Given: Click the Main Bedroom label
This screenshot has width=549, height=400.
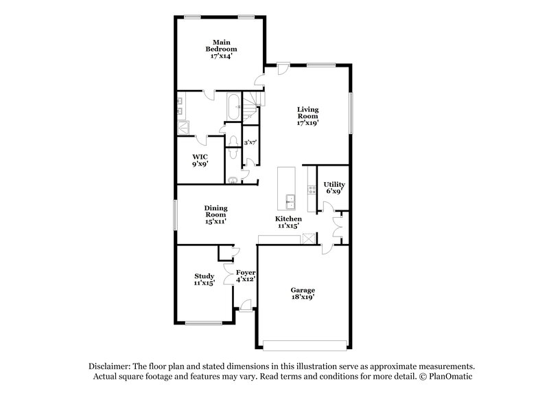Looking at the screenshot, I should pos(221,49).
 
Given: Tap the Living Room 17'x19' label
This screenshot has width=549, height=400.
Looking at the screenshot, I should pos(308,116).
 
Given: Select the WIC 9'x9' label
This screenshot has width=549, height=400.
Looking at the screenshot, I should pos(200,160).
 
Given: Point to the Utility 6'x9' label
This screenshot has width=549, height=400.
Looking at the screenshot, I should pos(334,188).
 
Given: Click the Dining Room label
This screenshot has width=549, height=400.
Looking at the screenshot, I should pos(215,214).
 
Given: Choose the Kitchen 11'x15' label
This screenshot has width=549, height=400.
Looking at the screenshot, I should pos(289,222).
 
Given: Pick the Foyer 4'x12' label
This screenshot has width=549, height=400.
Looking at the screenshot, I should pos(246,275).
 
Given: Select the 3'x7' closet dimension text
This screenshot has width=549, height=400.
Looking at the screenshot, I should pos(250,142).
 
